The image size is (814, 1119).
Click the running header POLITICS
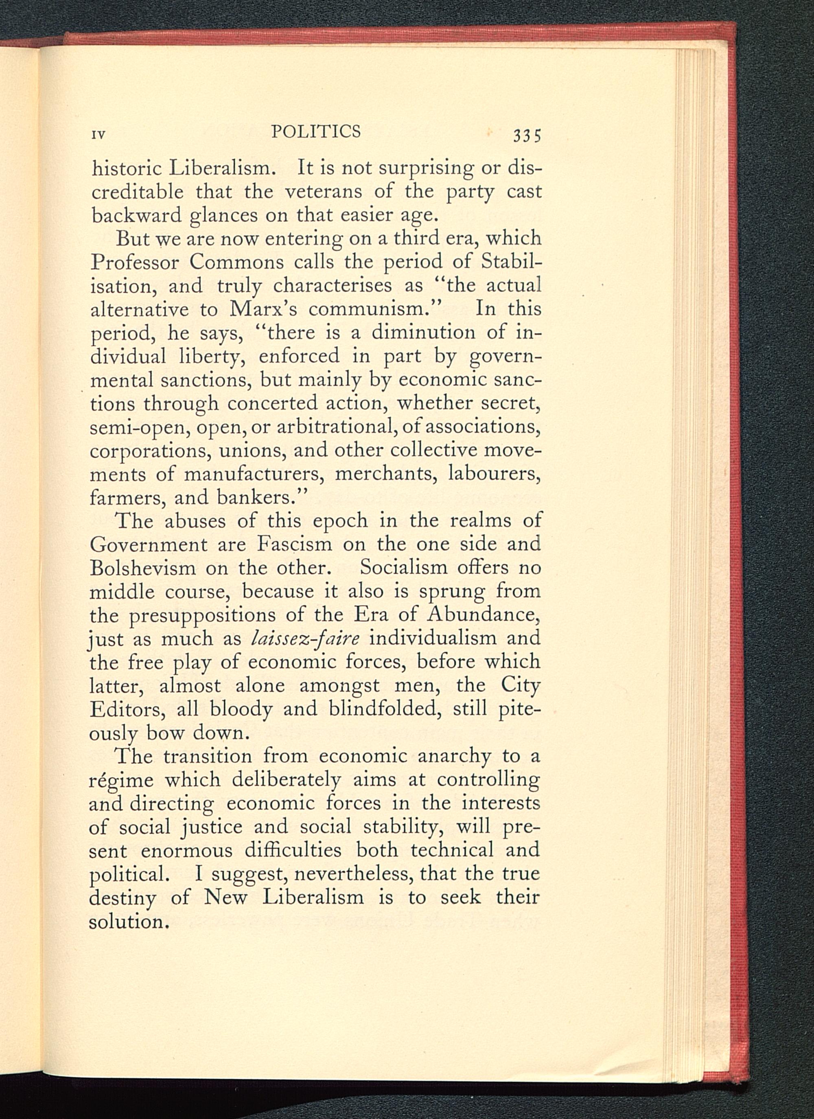click(x=316, y=132)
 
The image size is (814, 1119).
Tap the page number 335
click(x=527, y=135)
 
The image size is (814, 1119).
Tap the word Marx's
click(x=262, y=310)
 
